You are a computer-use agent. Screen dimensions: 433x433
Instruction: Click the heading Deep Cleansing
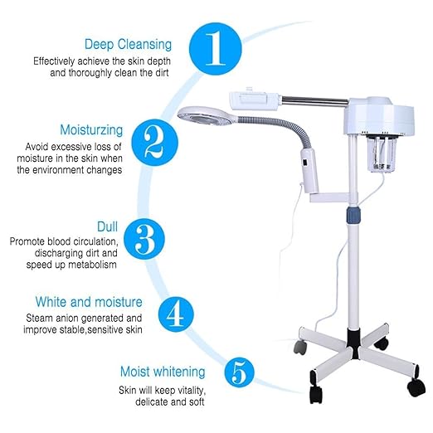click(127, 44)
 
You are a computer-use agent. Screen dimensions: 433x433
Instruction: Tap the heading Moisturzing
click(91, 130)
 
